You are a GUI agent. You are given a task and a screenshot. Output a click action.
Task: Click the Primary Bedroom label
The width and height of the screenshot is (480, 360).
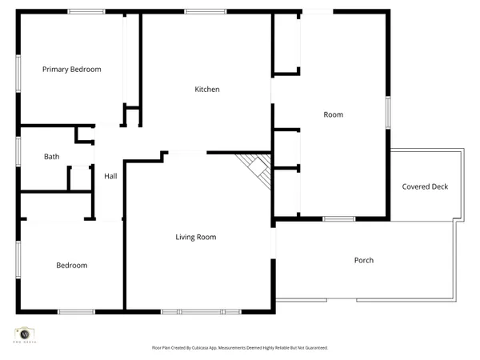point(71,70)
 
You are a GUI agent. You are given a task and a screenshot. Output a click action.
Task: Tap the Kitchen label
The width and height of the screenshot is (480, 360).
point(207,90)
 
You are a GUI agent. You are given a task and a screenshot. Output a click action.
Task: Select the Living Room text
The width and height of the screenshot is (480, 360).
point(196,237)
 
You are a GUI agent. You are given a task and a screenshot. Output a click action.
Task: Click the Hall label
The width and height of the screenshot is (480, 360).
point(110,176)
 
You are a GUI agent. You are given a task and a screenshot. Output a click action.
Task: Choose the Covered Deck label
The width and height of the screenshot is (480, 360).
point(425,187)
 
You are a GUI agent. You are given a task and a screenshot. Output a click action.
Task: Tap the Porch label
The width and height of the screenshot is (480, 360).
point(364,260)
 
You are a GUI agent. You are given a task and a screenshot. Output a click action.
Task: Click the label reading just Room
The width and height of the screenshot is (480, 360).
point(333,115)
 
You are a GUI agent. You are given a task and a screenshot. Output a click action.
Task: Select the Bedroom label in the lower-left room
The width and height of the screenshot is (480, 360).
point(71,266)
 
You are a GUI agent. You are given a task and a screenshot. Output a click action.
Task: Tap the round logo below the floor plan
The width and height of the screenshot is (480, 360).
point(24,334)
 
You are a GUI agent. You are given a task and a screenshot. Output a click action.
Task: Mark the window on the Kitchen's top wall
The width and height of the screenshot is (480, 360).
point(198,11)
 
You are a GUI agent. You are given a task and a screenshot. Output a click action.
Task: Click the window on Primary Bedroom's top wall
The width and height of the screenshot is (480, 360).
point(86,11)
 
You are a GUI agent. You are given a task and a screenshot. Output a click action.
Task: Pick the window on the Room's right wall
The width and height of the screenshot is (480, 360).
point(388,112)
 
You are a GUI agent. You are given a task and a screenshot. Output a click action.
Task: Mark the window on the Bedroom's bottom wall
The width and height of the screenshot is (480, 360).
point(76,311)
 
